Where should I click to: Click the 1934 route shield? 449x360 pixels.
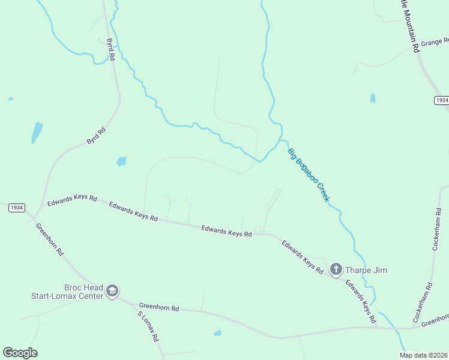tap(16, 208)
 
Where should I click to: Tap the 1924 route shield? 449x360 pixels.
tap(441, 100)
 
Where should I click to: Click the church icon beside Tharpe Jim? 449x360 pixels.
tap(336, 269)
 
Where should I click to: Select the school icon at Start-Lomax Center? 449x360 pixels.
tap(112, 291)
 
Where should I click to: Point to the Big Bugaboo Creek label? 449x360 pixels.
tap(309, 175)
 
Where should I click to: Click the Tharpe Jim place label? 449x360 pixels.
tap(367, 270)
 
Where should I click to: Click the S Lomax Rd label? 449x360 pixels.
tap(148, 326)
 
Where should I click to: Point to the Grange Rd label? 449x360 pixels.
tap(435, 43)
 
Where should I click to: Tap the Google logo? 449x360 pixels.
tap(20, 353)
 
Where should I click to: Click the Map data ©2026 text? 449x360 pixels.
tap(423, 355)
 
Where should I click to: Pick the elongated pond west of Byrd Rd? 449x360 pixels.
tap(37, 132)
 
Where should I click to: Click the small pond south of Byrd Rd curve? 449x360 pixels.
tap(122, 161)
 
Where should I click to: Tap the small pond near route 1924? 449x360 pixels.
tap(373, 98)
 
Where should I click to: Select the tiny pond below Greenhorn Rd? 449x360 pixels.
tap(217, 332)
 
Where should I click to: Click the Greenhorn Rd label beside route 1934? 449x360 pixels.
tap(50, 239)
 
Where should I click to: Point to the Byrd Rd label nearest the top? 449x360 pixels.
tap(110, 50)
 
